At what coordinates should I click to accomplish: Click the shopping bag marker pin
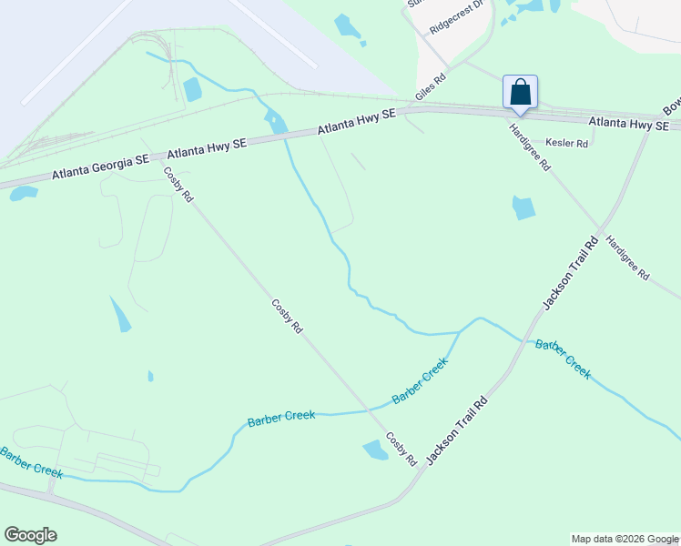pos(520,93)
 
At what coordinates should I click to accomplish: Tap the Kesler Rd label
pos(567,143)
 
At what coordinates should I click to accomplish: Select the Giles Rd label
pos(431,87)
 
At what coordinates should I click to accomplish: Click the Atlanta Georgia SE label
pos(100,166)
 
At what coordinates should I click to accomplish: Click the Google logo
pos(30,535)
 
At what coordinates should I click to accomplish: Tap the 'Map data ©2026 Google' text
pos(625,539)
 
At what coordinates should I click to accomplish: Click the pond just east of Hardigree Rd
pos(523,207)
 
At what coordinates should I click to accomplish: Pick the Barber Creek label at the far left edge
pos(31,462)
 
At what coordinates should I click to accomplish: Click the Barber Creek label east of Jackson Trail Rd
pos(563,359)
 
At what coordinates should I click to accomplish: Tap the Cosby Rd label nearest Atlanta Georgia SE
pos(178,185)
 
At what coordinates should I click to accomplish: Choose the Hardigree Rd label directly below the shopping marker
pos(530,147)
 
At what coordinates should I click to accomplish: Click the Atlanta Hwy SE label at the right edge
pos(628,122)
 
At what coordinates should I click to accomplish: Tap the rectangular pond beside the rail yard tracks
pos(192,89)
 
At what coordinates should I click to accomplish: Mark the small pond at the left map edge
pos(23,193)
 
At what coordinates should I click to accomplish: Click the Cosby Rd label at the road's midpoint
pos(287,317)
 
